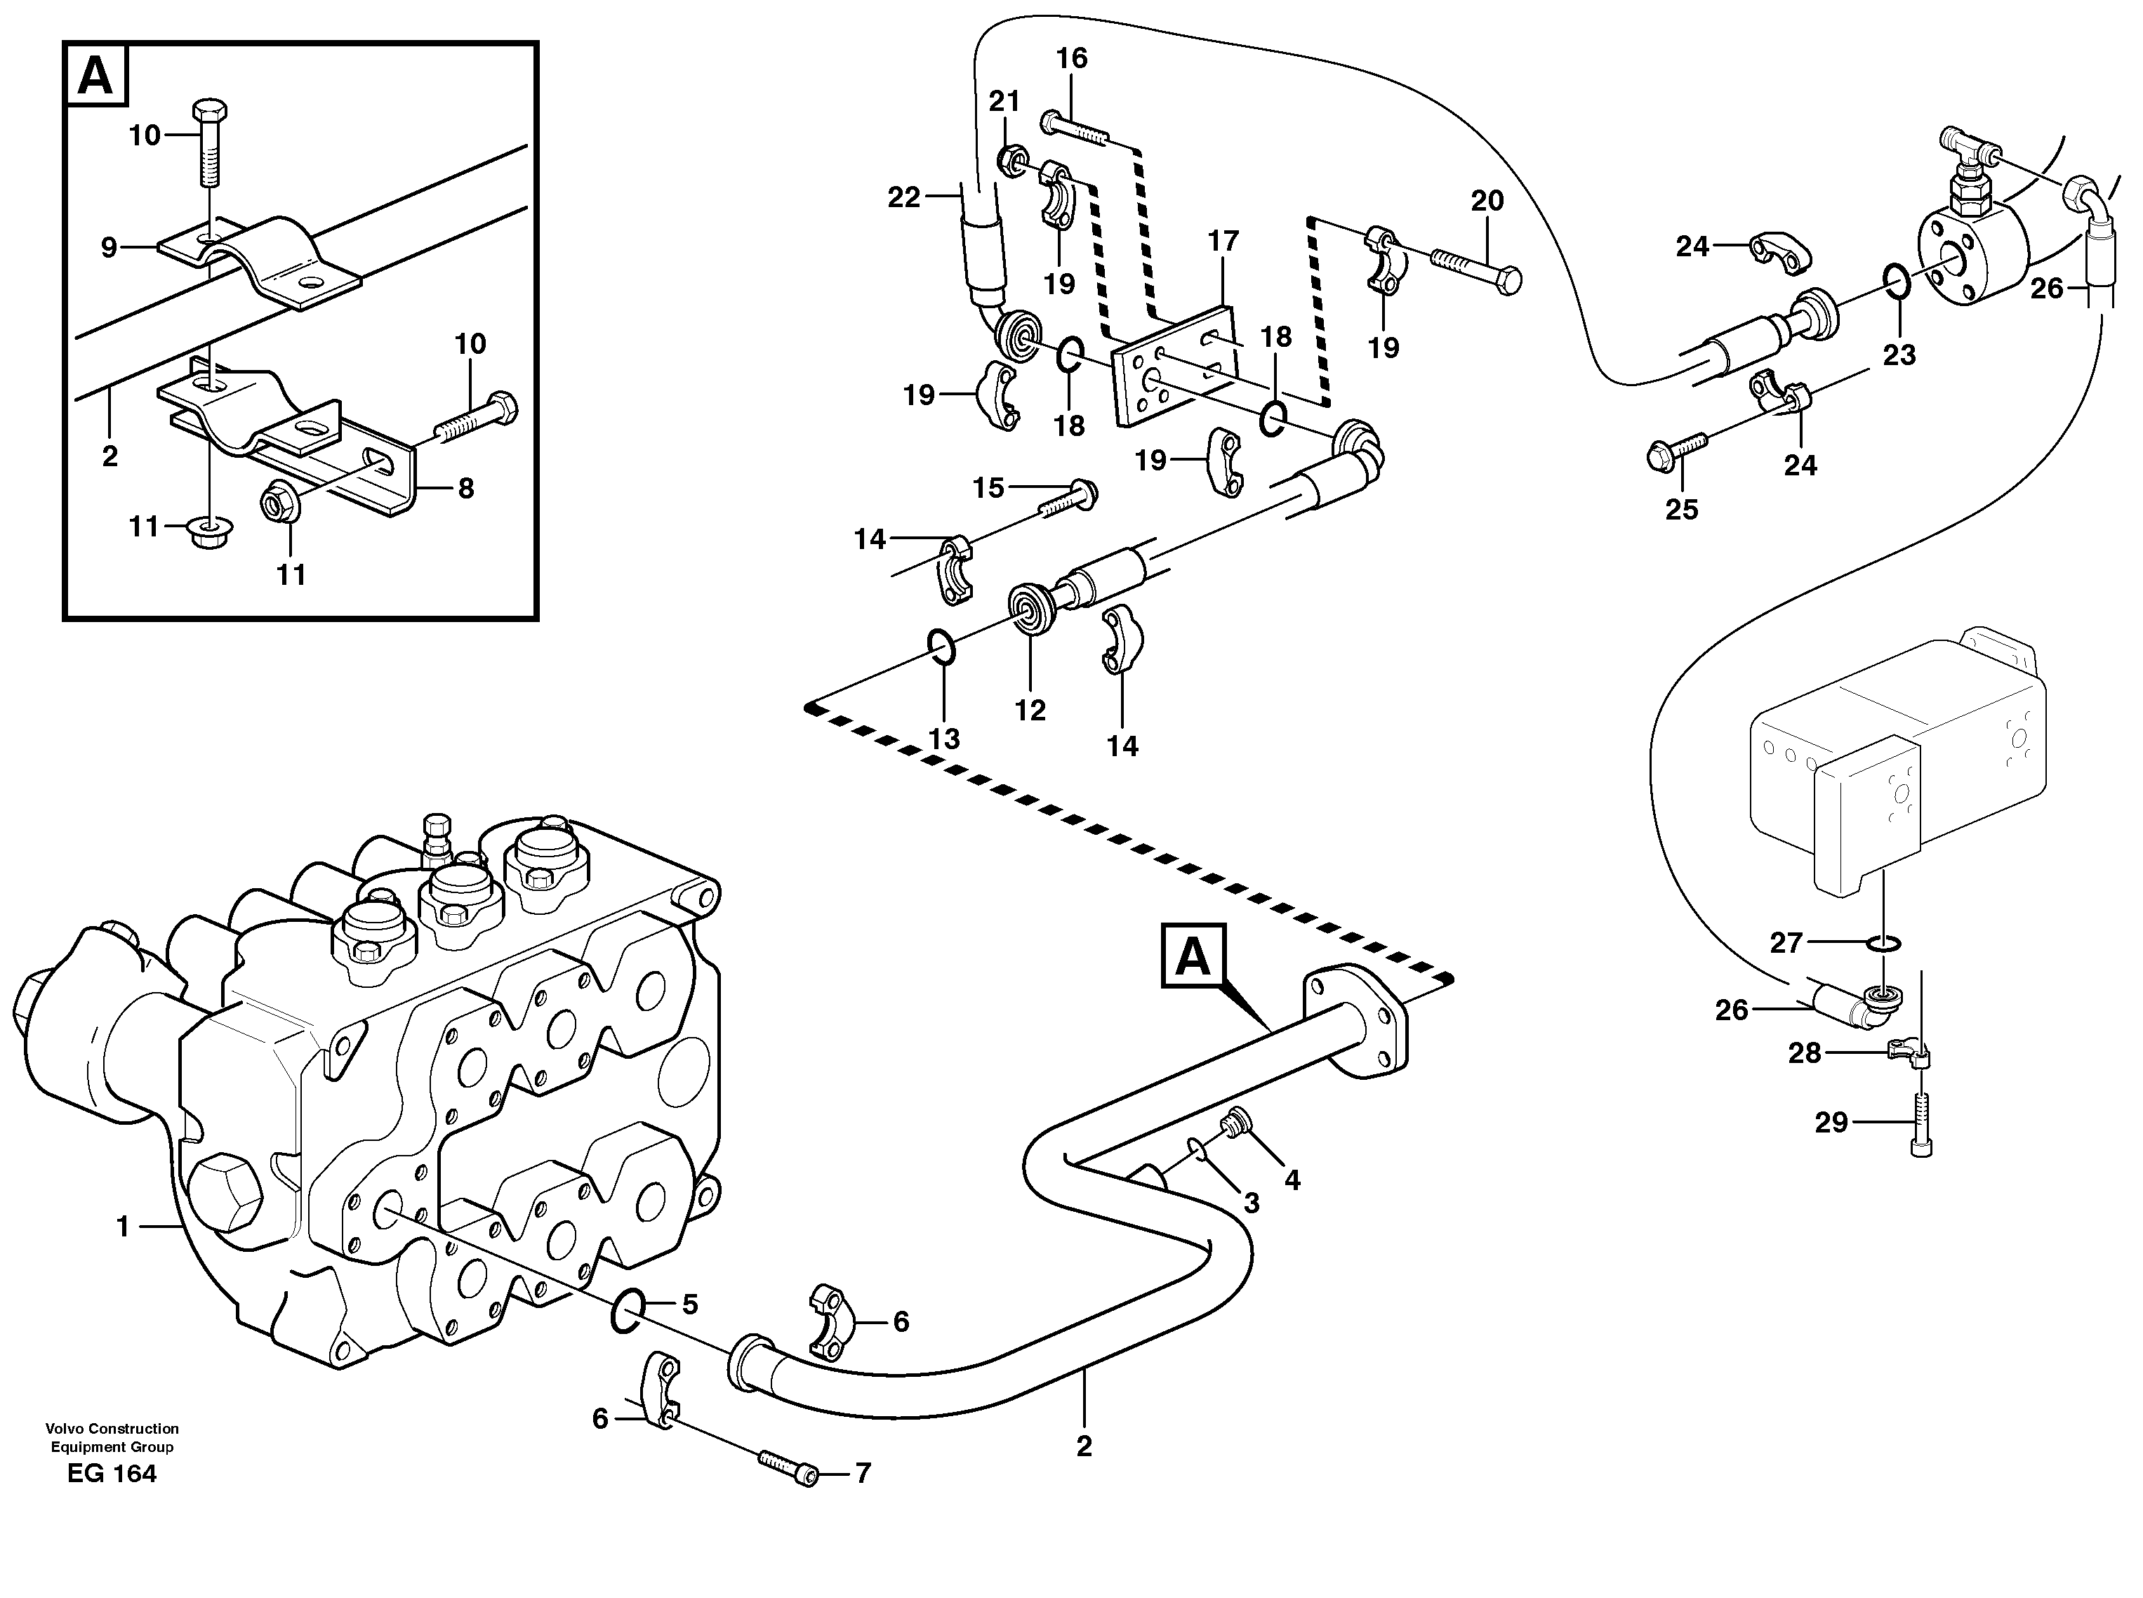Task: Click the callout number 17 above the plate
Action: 1223,241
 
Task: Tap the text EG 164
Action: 112,1473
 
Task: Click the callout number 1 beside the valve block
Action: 123,1227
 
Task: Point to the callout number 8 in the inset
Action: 465,489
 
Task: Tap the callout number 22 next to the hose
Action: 904,197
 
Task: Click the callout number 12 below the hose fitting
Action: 1030,710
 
